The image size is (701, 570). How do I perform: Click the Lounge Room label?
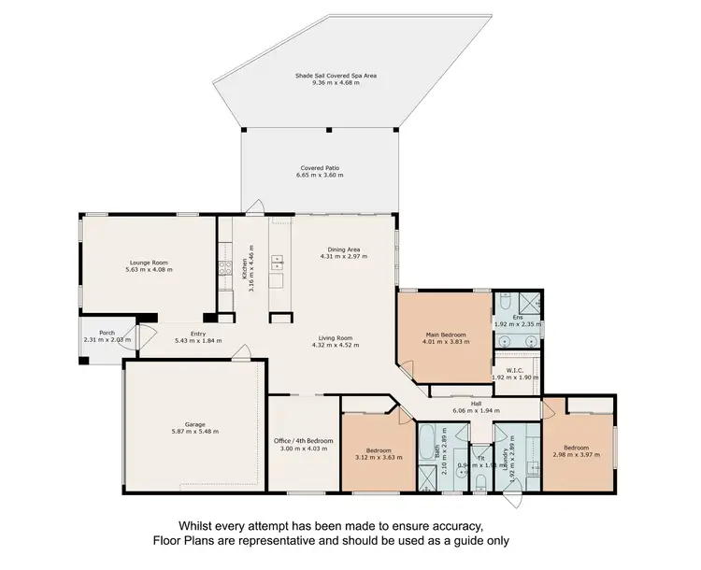149,263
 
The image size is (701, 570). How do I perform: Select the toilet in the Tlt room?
479,480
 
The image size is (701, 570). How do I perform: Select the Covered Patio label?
320,168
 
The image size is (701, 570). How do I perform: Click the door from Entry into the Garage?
241,353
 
